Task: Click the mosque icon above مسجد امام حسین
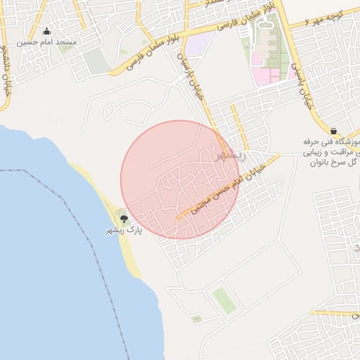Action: click(x=47, y=31)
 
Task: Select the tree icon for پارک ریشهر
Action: click(x=124, y=219)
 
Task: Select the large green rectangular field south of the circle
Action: click(x=224, y=300)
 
